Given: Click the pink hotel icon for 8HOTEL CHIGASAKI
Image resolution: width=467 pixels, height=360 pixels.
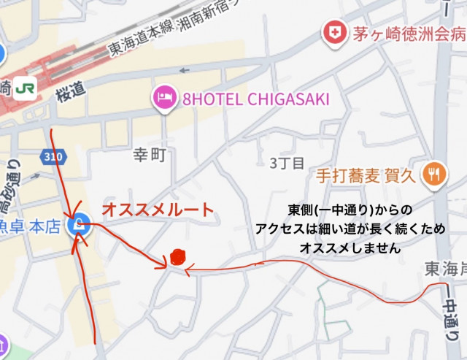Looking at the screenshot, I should pos(163,97).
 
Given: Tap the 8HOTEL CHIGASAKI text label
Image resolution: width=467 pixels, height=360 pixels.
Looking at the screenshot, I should pos(253,99).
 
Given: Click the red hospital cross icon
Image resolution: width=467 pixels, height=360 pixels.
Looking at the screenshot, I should pos(335,33).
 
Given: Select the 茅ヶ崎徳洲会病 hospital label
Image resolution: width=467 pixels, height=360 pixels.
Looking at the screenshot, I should pos(409,34).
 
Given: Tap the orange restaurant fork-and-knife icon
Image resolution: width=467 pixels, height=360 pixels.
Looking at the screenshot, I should pos(435,173).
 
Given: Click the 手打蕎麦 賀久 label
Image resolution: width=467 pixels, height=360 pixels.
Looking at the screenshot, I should pos(366,176).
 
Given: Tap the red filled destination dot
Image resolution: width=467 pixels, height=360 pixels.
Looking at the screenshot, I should pos(177,257).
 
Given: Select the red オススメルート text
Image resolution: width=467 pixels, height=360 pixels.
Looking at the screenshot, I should pos(158,210).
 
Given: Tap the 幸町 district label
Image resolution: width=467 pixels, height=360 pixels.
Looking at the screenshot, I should pos(150,155).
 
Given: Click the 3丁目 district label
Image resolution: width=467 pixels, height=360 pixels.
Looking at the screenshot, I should pos(287,162).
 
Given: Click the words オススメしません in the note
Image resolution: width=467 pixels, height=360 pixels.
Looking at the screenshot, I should pos(350,248).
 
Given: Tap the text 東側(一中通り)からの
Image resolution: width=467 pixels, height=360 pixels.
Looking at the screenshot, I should pos(350,210).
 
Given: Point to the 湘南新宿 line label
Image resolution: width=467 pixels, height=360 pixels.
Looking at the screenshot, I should pos(220,16).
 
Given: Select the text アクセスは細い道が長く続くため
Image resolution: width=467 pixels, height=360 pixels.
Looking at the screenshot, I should pos(350,229).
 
